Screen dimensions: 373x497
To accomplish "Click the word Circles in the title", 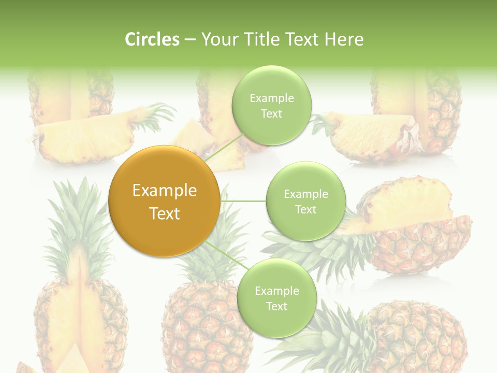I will point(152,39).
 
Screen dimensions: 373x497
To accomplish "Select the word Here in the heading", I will point(344,39).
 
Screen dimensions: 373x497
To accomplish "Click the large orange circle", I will point(165,201).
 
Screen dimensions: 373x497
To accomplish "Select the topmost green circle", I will point(271,105).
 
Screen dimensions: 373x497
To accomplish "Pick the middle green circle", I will point(305,201).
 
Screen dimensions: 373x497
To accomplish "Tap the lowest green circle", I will point(276,298).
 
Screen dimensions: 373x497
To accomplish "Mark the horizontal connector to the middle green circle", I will point(243,201).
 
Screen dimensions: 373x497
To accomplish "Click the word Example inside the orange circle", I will point(165,191).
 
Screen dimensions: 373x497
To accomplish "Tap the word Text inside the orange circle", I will point(165,213).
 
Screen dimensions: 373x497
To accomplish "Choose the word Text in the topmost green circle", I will point(271,113).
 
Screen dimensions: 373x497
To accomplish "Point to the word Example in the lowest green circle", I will point(276,291).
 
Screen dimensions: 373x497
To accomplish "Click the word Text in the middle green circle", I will point(305,209).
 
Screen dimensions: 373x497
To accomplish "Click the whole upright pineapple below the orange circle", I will point(207,321).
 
